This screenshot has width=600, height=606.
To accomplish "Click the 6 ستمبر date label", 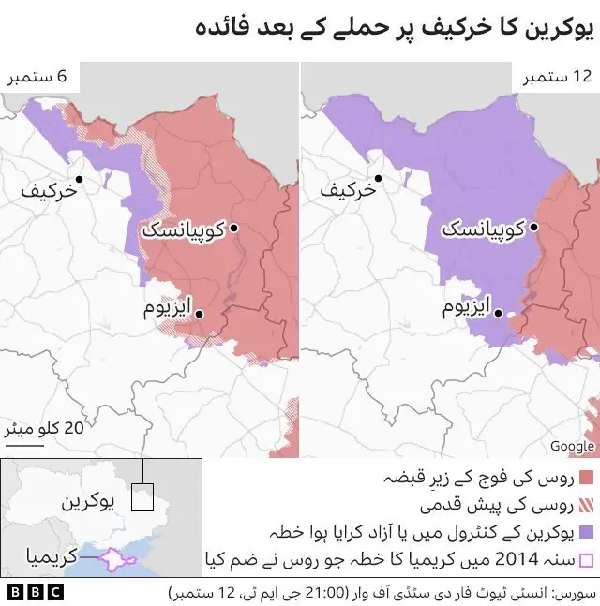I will (40, 77).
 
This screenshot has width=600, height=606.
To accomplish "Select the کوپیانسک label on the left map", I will (183, 229).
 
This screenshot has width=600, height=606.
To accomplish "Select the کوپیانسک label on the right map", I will (483, 229).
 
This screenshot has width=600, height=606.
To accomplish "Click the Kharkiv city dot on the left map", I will (81, 178).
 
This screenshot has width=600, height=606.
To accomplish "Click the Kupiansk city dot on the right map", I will (532, 228).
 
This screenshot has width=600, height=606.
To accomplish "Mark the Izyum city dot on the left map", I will (200, 315).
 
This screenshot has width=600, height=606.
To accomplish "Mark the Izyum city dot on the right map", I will (500, 315).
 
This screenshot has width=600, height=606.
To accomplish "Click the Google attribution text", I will (572, 446).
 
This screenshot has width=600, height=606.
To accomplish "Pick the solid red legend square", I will (588, 479).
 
